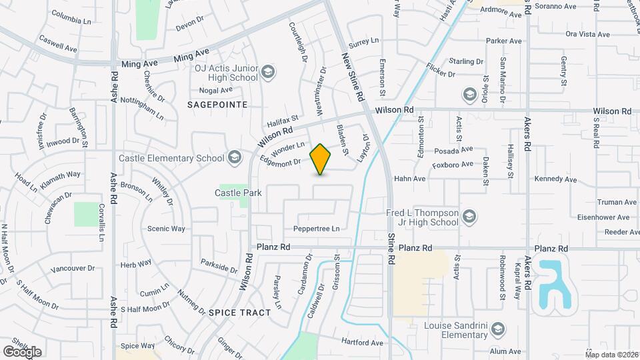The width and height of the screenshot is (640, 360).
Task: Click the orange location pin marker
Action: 321,159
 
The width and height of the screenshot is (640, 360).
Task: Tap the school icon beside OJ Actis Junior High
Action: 268,72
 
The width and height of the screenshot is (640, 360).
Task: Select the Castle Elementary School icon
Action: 234,158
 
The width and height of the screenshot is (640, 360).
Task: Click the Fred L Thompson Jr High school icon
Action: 470,217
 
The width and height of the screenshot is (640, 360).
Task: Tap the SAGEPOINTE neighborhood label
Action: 217,105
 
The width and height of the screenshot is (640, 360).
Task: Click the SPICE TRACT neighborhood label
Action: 239,312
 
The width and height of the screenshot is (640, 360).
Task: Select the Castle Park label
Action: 238,193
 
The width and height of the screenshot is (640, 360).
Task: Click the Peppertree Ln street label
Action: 317,229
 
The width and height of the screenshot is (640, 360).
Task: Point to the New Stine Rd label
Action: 354,77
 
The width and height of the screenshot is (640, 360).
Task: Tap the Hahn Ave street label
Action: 409,179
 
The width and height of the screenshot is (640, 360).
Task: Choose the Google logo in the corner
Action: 22,351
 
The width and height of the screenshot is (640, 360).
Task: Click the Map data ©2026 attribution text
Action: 611,355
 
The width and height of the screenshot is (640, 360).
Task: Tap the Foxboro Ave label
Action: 453,164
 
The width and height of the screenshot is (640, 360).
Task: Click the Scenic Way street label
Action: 166,228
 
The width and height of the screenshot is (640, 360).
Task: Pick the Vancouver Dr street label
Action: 73,269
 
